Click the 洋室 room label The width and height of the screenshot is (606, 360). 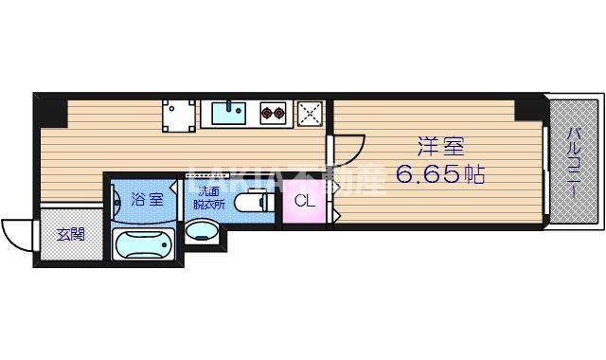click(x=441, y=146)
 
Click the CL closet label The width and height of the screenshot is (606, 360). click(x=304, y=201)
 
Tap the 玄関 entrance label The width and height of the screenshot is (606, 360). click(x=70, y=233)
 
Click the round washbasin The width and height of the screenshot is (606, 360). click(x=203, y=231)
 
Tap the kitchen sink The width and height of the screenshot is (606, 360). click(x=227, y=114)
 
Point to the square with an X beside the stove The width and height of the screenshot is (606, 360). click(x=310, y=115)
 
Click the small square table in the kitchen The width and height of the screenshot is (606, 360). click(x=177, y=115)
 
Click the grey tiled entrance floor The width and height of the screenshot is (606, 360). click(x=70, y=242)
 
